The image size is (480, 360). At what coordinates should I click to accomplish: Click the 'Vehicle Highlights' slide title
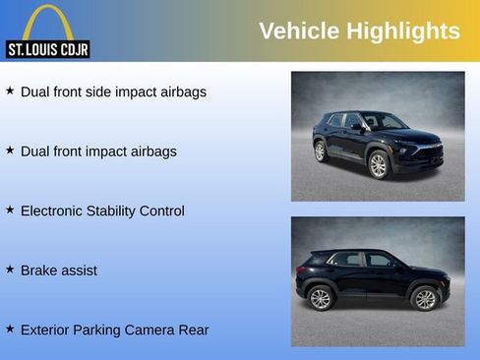pyautogui.click(x=359, y=30)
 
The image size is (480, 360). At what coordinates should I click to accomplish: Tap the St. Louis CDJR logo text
pyautogui.click(x=47, y=48)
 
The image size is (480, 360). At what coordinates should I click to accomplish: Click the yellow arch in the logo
pyautogui.click(x=47, y=22)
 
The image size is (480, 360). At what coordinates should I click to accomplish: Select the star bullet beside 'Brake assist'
pyautogui.click(x=10, y=269)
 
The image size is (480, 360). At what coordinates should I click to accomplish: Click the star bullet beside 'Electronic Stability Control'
pyautogui.click(x=10, y=210)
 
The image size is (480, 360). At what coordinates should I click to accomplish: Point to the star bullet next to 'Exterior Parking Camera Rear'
pyautogui.click(x=10, y=329)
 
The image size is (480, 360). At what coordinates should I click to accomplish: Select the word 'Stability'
pyautogui.click(x=119, y=210)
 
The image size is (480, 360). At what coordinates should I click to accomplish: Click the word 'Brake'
pyautogui.click(x=39, y=270)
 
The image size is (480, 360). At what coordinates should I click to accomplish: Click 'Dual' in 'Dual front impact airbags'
pyautogui.click(x=34, y=151)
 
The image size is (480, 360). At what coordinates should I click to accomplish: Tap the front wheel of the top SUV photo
pyautogui.click(x=378, y=165)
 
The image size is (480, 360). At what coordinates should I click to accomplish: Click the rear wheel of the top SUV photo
pyautogui.click(x=320, y=151)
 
